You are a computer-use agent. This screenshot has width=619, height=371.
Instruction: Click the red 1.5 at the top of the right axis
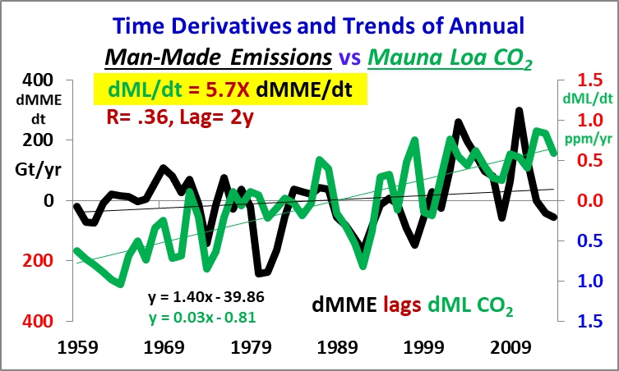coord(581,80)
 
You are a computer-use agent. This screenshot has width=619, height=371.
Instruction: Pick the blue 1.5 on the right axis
coord(581,321)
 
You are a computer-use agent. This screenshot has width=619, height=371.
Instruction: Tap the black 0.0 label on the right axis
coord(581,200)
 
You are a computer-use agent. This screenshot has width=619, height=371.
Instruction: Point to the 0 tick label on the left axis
coord(47,200)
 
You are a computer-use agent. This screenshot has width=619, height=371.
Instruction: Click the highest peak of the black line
coord(519,110)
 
